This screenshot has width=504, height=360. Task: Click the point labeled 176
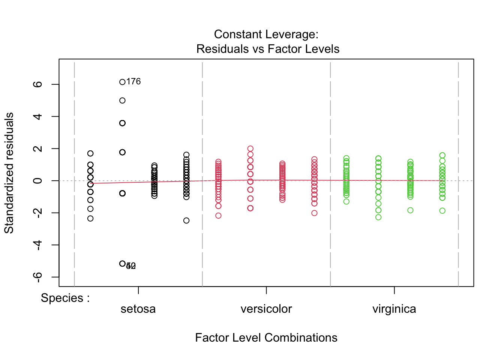point(122,82)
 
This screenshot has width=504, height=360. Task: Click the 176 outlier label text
point(133,82)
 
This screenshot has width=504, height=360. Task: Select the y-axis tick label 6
point(37,84)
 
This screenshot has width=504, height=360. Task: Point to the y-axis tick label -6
point(37,277)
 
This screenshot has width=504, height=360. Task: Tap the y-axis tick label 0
point(37,181)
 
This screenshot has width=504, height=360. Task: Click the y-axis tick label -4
point(37,245)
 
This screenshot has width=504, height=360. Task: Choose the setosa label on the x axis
point(138,309)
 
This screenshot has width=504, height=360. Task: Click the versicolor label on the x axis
point(266,309)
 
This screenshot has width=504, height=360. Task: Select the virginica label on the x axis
point(394,309)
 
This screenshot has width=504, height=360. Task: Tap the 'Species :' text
point(65,298)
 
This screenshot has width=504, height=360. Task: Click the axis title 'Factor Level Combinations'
point(266,337)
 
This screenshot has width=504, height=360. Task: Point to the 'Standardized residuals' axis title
point(9,173)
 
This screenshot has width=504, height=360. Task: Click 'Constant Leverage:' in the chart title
point(266,34)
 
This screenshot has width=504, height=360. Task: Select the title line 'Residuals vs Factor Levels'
point(268,49)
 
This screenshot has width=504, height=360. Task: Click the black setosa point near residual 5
point(122,100)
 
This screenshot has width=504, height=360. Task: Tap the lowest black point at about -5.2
point(122,264)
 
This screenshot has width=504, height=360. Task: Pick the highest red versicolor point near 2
point(250,149)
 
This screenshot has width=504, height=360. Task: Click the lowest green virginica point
point(378,217)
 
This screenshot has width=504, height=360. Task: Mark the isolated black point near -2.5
point(186,220)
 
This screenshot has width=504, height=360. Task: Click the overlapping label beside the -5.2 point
point(131,266)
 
